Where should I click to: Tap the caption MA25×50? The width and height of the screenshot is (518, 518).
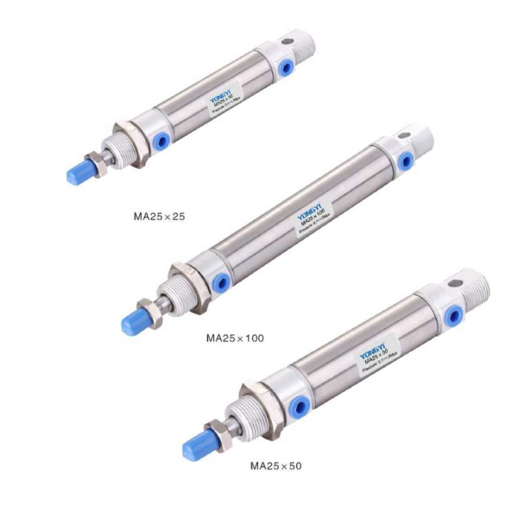tap(275, 465)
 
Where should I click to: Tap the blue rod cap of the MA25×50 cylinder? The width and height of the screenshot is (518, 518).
tap(197, 445)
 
